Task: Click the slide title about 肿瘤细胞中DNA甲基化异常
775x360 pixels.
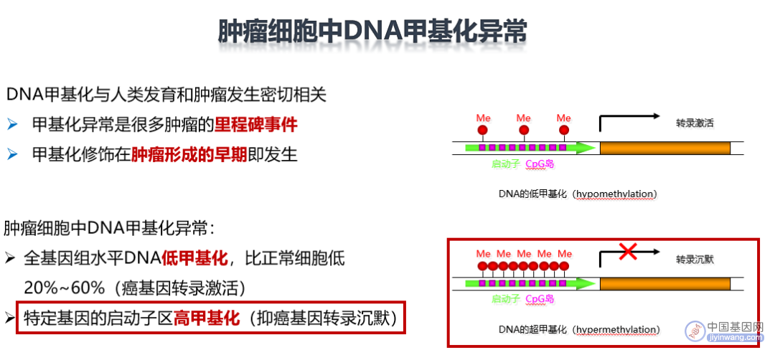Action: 372,32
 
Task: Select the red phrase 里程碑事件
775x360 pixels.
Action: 256,125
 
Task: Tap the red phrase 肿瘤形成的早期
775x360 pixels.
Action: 189,155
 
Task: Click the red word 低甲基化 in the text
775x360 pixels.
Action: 194,257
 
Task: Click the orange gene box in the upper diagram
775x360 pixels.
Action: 664,147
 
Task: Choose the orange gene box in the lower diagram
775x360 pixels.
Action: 664,283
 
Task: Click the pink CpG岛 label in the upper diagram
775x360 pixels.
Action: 539,164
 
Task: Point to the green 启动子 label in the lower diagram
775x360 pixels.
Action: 506,299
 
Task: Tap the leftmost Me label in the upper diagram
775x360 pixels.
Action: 483,118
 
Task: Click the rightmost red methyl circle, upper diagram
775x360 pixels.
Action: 564,131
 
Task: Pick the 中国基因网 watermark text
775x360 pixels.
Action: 736,326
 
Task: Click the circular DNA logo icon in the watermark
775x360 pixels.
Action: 695,331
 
